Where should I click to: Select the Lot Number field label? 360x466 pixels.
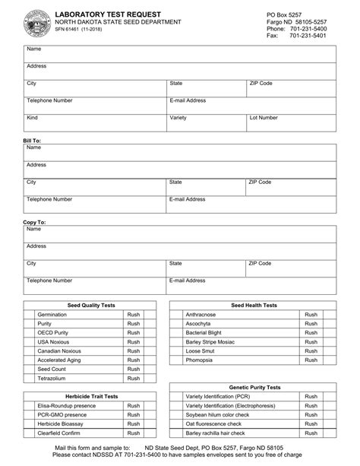pyautogui.click(x=264, y=118)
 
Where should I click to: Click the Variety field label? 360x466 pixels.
pyautogui.click(x=178, y=118)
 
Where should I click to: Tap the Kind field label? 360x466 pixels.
pyautogui.click(x=32, y=118)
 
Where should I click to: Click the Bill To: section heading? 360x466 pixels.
pyautogui.click(x=32, y=141)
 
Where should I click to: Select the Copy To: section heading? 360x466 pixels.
pyautogui.click(x=34, y=222)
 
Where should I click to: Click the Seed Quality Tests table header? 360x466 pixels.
pyautogui.click(x=91, y=305)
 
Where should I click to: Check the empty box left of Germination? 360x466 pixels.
pyautogui.click(x=29, y=314)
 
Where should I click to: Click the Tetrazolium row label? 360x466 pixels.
pyautogui.click(x=53, y=378)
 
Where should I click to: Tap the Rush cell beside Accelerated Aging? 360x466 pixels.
pyautogui.click(x=134, y=360)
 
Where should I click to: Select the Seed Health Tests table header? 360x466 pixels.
pyautogui.click(x=254, y=305)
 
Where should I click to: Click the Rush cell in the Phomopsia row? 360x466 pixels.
pyautogui.click(x=311, y=360)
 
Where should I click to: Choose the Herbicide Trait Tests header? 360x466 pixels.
pyautogui.click(x=91, y=396)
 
